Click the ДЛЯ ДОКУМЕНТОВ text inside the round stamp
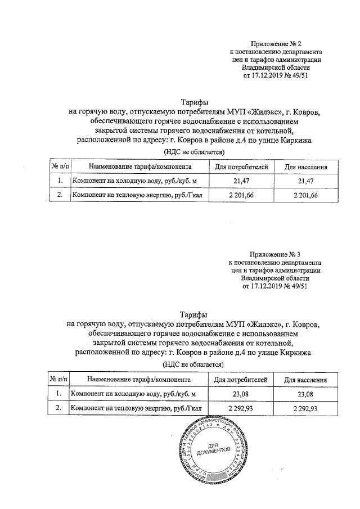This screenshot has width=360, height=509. click(215, 449)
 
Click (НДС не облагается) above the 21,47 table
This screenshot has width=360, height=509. click(193, 152)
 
